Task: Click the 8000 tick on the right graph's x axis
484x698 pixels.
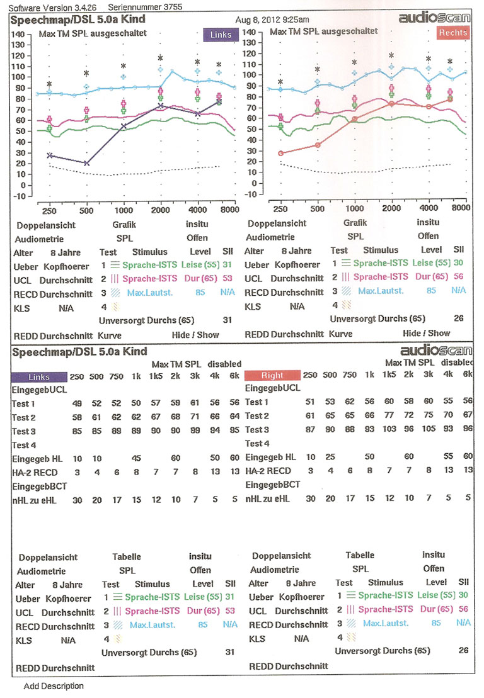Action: pyautogui.click(x=462, y=208)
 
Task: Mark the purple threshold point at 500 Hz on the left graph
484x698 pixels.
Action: pyautogui.click(x=86, y=163)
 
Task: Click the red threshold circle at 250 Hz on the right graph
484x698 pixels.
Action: pyautogui.click(x=280, y=153)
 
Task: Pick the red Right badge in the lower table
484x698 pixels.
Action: pyautogui.click(x=272, y=376)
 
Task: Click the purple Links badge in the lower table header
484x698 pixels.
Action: pyautogui.click(x=39, y=377)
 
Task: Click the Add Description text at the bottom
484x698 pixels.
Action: pyautogui.click(x=54, y=685)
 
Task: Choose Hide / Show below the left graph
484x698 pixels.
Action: pyautogui.click(x=195, y=335)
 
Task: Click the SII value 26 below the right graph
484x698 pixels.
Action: pyautogui.click(x=458, y=318)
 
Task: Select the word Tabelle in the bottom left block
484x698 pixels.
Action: pyautogui.click(x=127, y=557)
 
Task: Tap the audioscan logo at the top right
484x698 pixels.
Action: pyautogui.click(x=434, y=18)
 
